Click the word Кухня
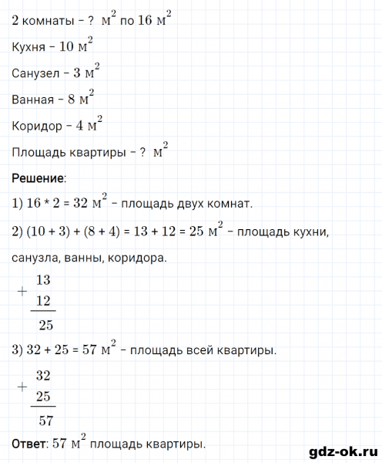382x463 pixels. pyautogui.click(x=30, y=48)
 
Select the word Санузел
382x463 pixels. pyautogui.click(x=35, y=74)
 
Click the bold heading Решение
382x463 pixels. pyautogui.click(x=38, y=178)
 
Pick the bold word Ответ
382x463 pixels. pyautogui.click(x=29, y=444)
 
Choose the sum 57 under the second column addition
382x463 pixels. pyautogui.click(x=45, y=420)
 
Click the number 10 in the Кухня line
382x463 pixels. pyautogui.click(x=67, y=48)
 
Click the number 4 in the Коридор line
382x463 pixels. pyautogui.click(x=80, y=127)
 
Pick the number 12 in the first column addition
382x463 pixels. pyautogui.click(x=45, y=299)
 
